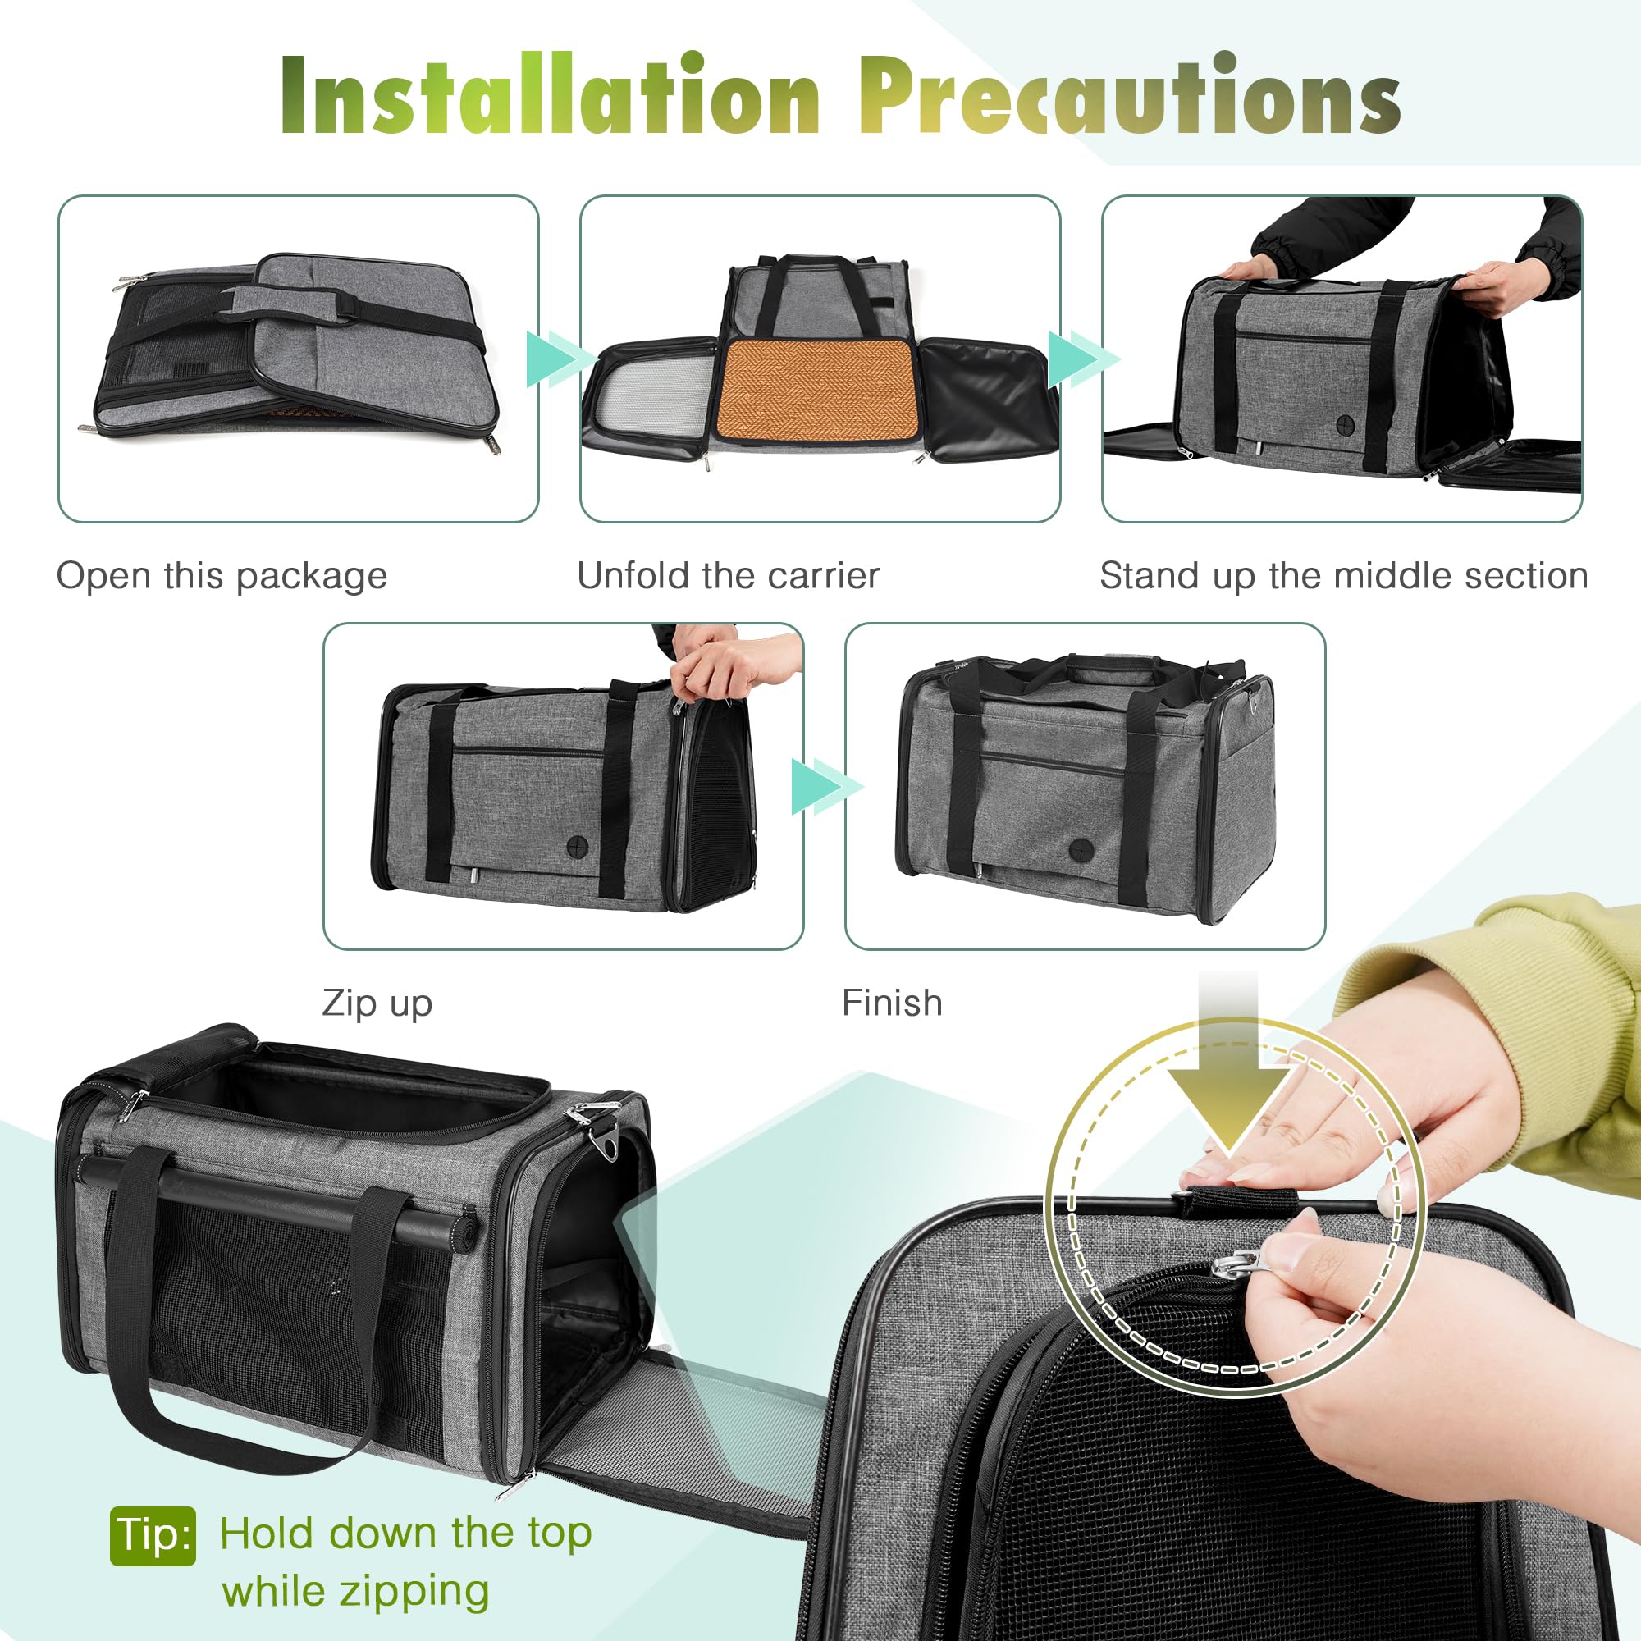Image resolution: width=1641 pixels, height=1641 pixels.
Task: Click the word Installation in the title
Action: click(550, 95)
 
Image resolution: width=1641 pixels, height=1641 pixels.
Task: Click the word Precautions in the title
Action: click(1130, 95)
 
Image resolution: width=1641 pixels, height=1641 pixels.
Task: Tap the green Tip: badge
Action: click(153, 1535)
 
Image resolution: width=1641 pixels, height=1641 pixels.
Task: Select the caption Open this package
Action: click(222, 576)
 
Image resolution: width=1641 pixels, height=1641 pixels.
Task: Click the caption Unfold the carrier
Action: click(728, 576)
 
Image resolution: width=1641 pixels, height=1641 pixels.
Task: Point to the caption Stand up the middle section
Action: click(1344, 576)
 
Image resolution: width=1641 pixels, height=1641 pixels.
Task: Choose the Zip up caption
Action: click(377, 1003)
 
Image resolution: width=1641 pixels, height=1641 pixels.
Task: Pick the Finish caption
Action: click(892, 1003)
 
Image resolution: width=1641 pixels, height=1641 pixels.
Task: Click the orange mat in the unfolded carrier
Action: click(815, 388)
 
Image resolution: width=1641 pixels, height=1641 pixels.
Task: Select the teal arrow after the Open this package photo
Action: click(560, 359)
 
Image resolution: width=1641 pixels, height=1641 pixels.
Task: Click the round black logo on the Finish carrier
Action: click(1081, 847)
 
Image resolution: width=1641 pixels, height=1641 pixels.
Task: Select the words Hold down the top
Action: click(405, 1534)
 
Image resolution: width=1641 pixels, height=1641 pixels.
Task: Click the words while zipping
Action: click(355, 1591)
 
